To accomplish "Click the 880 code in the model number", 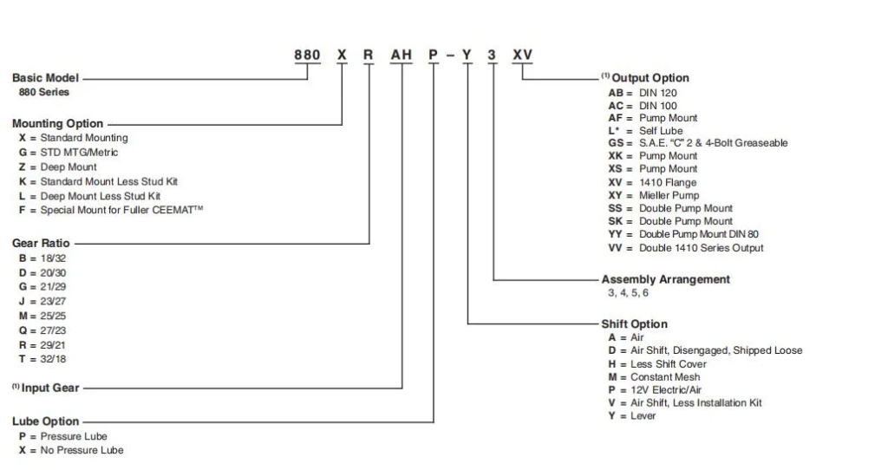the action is [307, 55].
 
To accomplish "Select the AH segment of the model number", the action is [401, 55].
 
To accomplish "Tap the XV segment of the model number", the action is [522, 55].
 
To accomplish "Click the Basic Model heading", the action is [45, 78].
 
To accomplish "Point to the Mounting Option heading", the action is [58, 123].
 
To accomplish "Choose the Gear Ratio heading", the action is [41, 243].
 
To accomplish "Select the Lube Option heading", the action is [45, 421].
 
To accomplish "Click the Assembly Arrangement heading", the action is [665, 279].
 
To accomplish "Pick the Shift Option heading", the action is [634, 324].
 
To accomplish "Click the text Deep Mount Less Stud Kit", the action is [101, 196].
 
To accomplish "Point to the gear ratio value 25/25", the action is [53, 316].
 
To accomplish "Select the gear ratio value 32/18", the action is [53, 359].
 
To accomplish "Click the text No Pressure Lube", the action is [82, 450].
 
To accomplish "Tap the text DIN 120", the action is [658, 93].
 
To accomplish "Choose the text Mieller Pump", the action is [669, 195].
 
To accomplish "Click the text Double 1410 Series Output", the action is [701, 248].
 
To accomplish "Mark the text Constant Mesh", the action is [665, 377].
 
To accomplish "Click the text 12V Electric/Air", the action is [666, 390].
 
